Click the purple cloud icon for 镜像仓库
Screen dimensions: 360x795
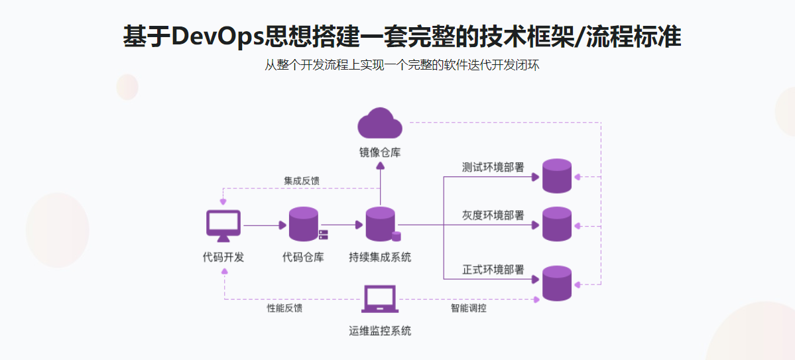click(x=380, y=123)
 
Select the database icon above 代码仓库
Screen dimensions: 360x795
click(x=304, y=224)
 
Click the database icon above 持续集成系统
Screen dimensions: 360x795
click(x=381, y=224)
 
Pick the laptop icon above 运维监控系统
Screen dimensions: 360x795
click(x=379, y=299)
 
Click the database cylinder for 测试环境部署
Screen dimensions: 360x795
click(x=556, y=176)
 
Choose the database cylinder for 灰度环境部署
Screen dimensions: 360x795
click(x=556, y=224)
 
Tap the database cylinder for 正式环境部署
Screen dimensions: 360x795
click(x=556, y=283)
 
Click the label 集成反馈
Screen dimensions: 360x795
click(x=302, y=180)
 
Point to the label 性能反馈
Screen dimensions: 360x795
click(x=284, y=308)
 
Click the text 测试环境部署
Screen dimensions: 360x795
click(x=493, y=167)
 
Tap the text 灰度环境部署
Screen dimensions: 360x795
click(x=493, y=215)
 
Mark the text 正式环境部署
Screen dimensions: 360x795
click(x=493, y=270)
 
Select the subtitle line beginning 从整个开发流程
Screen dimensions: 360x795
click(x=397, y=66)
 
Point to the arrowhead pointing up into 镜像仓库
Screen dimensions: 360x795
click(x=380, y=165)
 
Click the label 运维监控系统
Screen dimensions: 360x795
click(x=380, y=330)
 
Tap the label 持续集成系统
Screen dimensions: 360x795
click(x=380, y=257)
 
